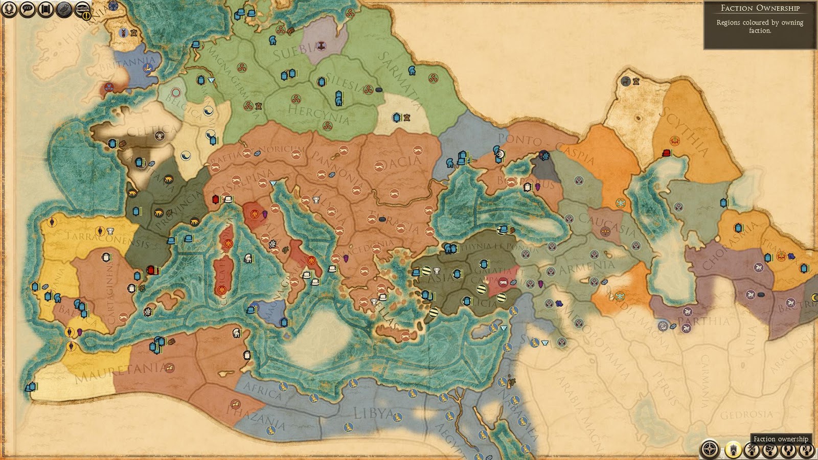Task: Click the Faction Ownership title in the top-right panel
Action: click(760, 8)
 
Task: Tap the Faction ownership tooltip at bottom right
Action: click(781, 439)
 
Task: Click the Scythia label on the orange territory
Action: click(686, 131)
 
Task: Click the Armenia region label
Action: click(586, 267)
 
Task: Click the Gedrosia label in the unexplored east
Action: click(746, 415)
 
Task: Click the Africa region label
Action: click(262, 390)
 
